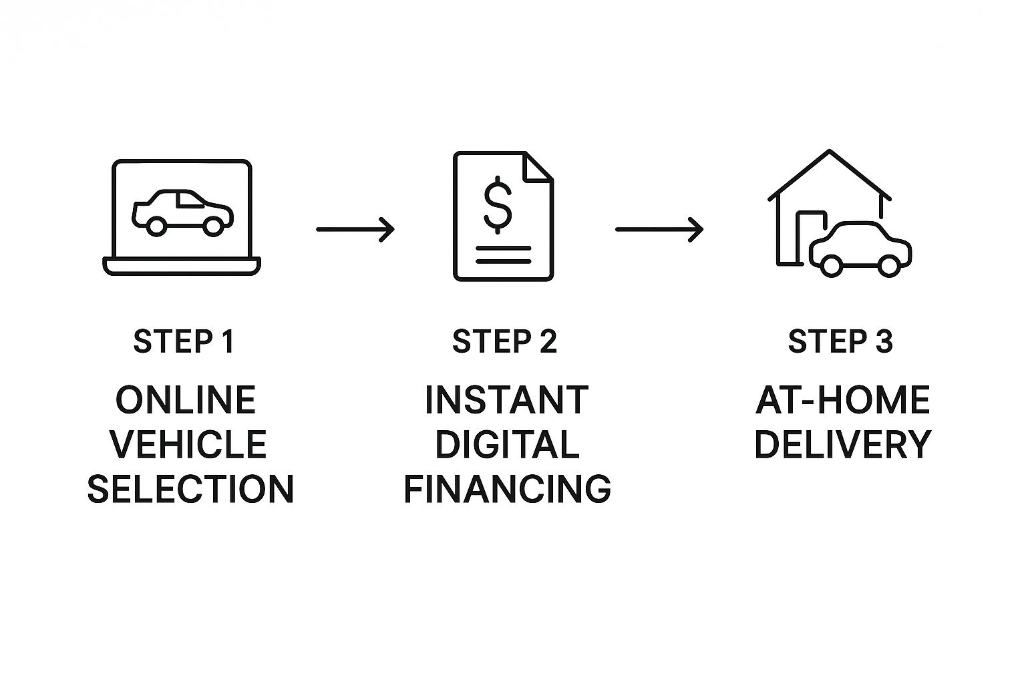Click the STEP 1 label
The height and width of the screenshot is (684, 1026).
click(x=184, y=341)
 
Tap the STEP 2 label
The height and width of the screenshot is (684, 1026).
click(x=504, y=341)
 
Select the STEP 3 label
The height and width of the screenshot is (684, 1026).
click(x=840, y=341)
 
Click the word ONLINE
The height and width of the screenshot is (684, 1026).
click(x=186, y=400)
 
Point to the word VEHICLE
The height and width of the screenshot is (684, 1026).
click(x=188, y=444)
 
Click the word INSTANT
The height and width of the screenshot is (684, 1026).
click(x=506, y=400)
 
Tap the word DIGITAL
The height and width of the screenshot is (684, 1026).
click(x=507, y=444)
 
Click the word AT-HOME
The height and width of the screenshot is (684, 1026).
click(x=842, y=400)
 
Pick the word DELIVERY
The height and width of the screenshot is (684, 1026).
click(x=842, y=444)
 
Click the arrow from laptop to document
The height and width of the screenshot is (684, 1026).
click(x=355, y=229)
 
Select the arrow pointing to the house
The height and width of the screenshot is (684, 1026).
click(x=659, y=229)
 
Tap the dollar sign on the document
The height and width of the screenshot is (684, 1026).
click(x=497, y=204)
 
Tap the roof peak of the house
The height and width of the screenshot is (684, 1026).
click(x=829, y=153)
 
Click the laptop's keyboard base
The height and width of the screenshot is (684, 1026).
click(x=181, y=266)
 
